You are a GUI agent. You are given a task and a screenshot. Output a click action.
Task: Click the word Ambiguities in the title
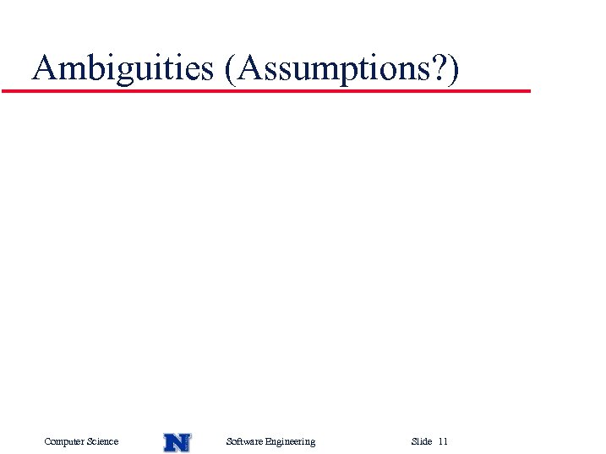tap(123, 68)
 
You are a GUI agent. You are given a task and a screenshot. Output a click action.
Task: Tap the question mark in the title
tap(441, 68)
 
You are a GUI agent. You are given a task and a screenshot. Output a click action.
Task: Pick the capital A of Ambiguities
tap(44, 68)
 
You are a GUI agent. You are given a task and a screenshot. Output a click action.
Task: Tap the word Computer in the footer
tap(64, 441)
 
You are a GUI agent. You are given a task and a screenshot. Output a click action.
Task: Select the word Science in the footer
tap(102, 441)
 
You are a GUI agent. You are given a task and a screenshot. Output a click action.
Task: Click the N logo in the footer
tap(177, 441)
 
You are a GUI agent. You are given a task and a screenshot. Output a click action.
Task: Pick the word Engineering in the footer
tap(290, 441)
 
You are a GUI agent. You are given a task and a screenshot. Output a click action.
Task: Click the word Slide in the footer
tap(421, 441)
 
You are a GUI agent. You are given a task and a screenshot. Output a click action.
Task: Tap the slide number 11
tap(444, 441)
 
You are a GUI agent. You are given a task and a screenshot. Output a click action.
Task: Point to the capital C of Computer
tap(47, 441)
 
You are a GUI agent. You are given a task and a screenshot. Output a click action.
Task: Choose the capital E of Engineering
tap(268, 441)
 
